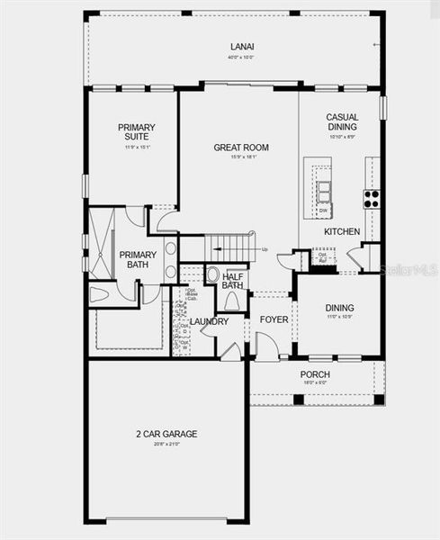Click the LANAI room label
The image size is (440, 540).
(x=237, y=47)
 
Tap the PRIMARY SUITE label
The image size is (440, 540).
(x=137, y=132)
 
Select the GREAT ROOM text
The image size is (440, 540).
(x=240, y=147)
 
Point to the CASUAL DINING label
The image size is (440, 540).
(x=342, y=122)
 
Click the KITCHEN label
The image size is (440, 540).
(x=342, y=231)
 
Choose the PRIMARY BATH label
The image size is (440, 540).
(x=139, y=260)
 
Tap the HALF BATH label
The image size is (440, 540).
(x=233, y=281)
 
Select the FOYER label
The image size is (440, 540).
(x=274, y=319)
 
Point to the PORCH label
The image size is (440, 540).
(x=315, y=374)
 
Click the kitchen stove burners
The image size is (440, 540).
(x=371, y=199)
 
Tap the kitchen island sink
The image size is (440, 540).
(x=322, y=190)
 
